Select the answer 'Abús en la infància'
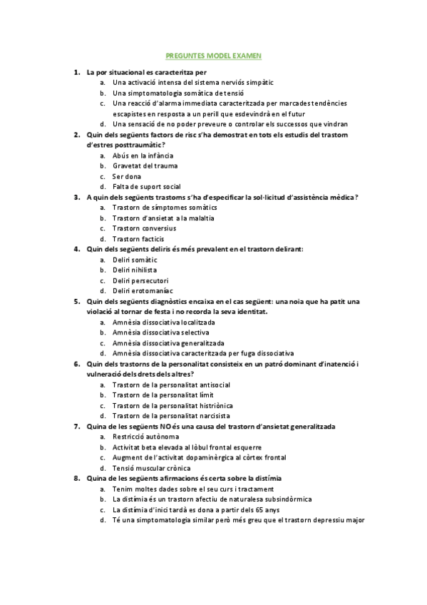[x=143, y=156]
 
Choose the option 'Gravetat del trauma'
[x=145, y=166]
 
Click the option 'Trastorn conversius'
[x=144, y=228]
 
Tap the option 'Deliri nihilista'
[x=135, y=270]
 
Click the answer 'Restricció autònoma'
[x=145, y=436]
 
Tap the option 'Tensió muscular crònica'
[x=151, y=467]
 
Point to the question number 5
[x=76, y=301]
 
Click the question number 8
[x=76, y=478]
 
